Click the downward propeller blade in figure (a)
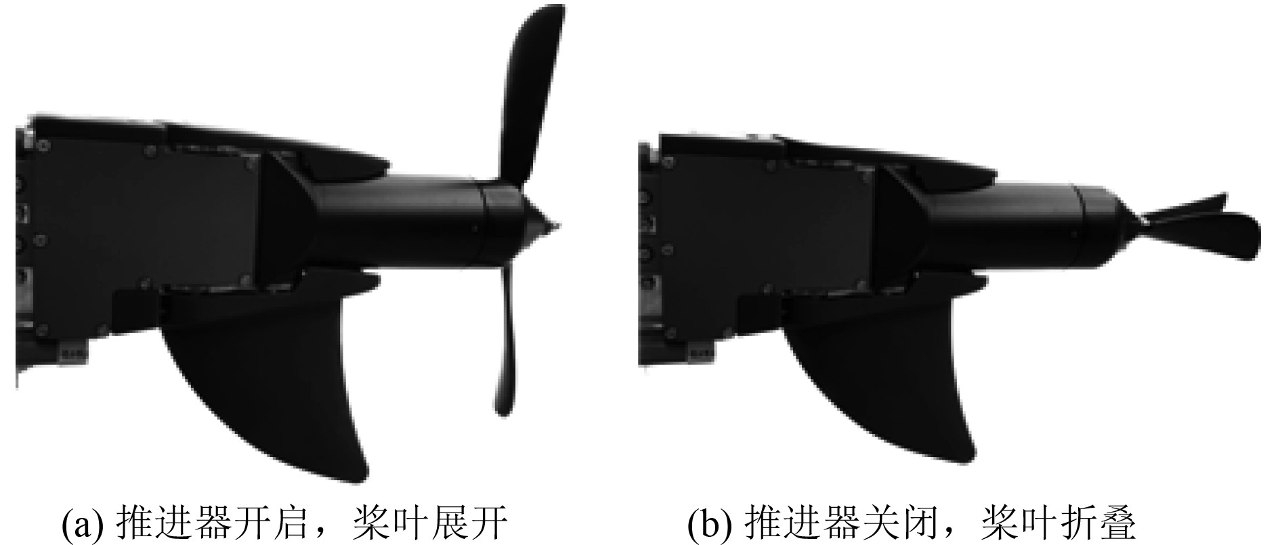pyautogui.click(x=507, y=339)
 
